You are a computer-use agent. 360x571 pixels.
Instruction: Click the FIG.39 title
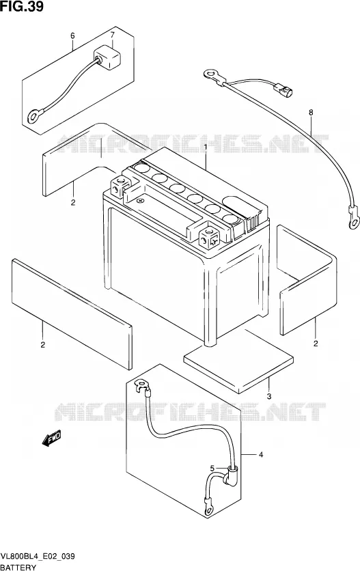22,6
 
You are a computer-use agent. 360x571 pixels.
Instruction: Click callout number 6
72,36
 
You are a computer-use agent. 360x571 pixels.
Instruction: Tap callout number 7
113,35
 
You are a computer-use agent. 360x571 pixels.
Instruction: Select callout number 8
311,113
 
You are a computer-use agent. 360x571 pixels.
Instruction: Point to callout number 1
206,146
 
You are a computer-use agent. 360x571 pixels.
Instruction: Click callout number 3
269,397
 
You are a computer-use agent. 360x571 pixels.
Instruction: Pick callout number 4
261,454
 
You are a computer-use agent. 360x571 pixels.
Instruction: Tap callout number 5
212,468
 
